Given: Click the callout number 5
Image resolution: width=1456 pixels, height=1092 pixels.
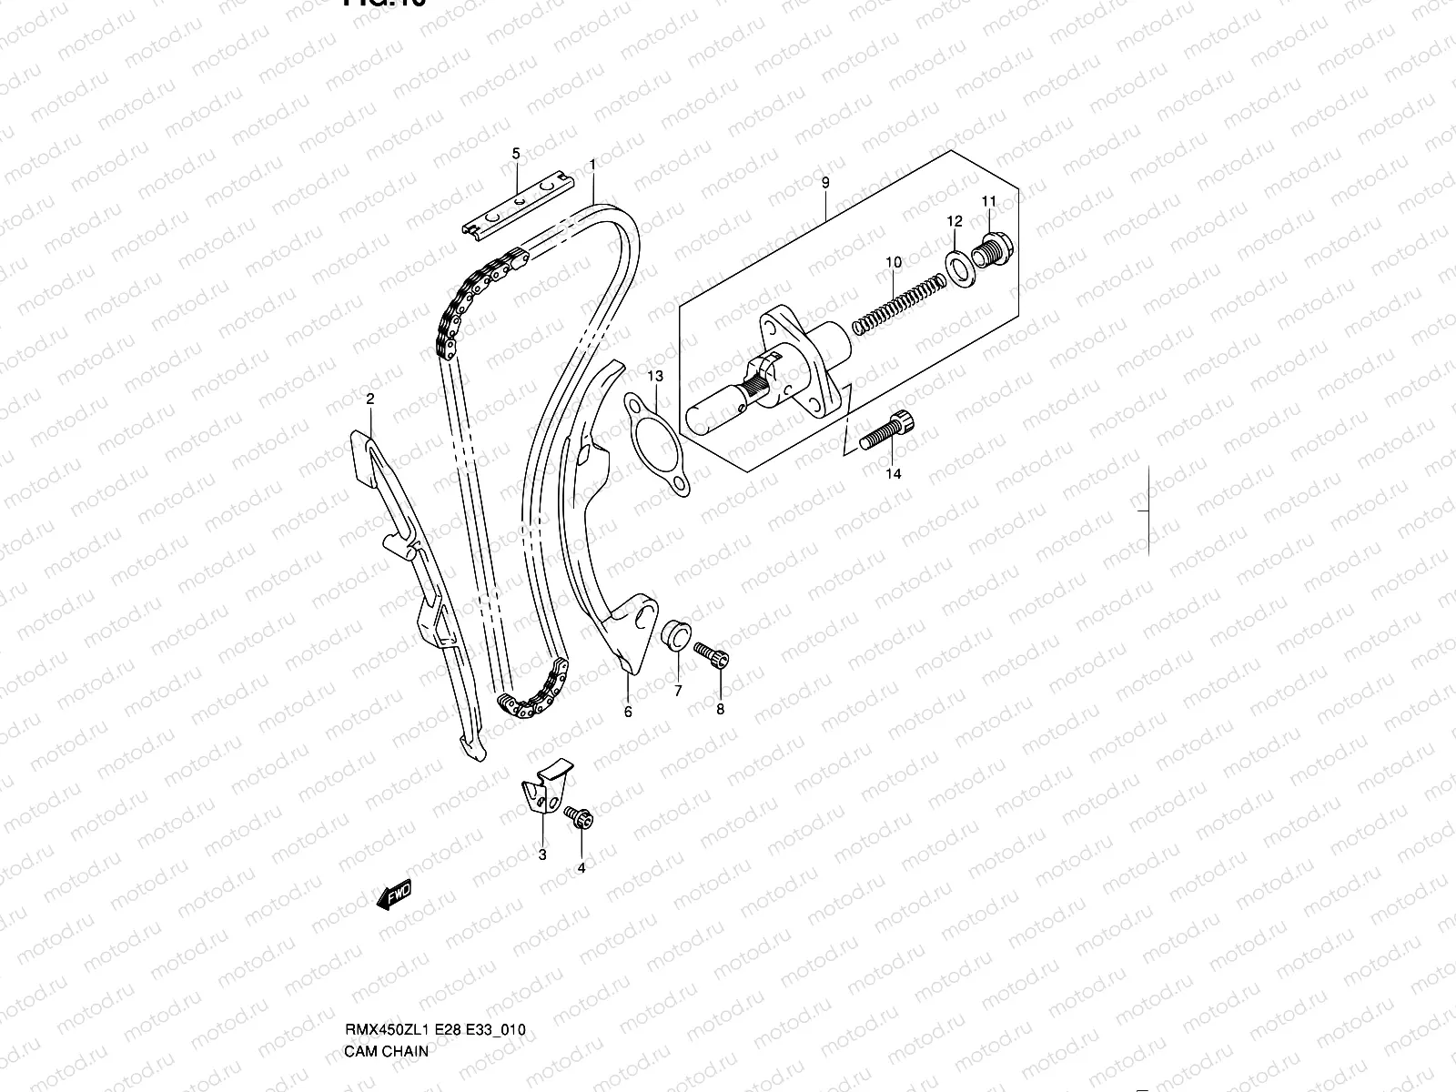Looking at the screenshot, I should click(515, 153).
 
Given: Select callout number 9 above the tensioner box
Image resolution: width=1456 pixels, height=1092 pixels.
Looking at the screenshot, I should click(825, 183).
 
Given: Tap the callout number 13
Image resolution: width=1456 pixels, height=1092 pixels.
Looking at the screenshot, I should click(655, 376).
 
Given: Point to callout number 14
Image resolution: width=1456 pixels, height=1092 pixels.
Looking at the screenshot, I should click(894, 473).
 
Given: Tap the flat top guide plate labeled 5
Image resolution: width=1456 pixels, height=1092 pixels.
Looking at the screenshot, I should click(515, 208).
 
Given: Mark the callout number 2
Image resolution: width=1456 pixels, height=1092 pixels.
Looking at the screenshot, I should click(370, 399).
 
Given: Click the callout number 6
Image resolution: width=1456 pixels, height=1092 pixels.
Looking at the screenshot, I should click(628, 712).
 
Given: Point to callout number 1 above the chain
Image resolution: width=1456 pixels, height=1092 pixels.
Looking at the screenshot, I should click(591, 165).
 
